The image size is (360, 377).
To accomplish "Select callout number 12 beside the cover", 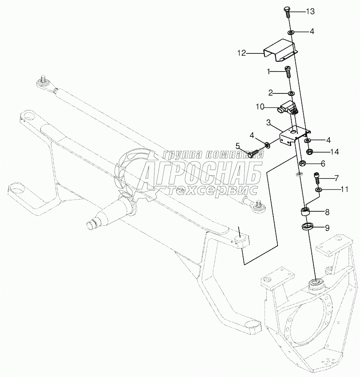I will point(242,53).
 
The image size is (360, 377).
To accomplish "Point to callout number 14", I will point(335,152).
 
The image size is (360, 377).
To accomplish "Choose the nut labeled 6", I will point(302,164).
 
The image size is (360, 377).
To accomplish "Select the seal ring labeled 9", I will point(308,227).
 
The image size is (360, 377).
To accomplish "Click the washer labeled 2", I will point(291,93).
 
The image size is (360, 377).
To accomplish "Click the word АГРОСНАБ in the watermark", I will point(201,173).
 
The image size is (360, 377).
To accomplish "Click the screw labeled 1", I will point(288,71).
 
